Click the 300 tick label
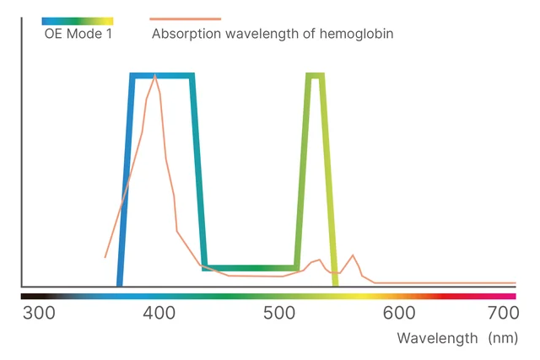tap(38, 314)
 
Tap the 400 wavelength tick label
tap(159, 314)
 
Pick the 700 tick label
tap(503, 314)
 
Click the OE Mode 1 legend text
tap(78, 35)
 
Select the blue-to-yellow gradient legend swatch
tap(78, 19)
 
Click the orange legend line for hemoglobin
tap(186, 19)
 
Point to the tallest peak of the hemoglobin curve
tap(155, 76)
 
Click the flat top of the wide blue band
tap(163, 76)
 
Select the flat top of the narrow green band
tap(316, 76)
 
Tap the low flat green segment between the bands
tap(251, 268)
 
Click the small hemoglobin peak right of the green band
tap(353, 255)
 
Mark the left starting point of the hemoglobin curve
tap(105, 257)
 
